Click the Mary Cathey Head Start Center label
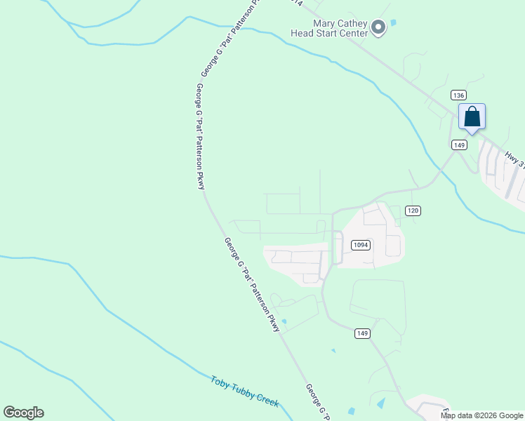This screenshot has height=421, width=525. pos(331,27)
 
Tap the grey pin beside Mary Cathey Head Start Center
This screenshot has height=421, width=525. pos(378,28)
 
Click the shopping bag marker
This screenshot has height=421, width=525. pos(472,116)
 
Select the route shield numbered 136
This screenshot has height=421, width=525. pos(458,95)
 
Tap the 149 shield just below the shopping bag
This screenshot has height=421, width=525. pos(459,145)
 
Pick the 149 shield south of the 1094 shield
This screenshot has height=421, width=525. pos(362,333)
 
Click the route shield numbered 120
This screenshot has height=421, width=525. pos(413,210)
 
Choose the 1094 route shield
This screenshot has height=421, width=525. pos(360,245)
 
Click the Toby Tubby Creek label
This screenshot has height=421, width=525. pos(245,392)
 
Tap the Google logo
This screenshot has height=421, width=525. pos(23,413)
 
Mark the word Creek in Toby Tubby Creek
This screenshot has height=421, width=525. pos(268,400)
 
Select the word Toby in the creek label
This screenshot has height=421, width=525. pos(221,383)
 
